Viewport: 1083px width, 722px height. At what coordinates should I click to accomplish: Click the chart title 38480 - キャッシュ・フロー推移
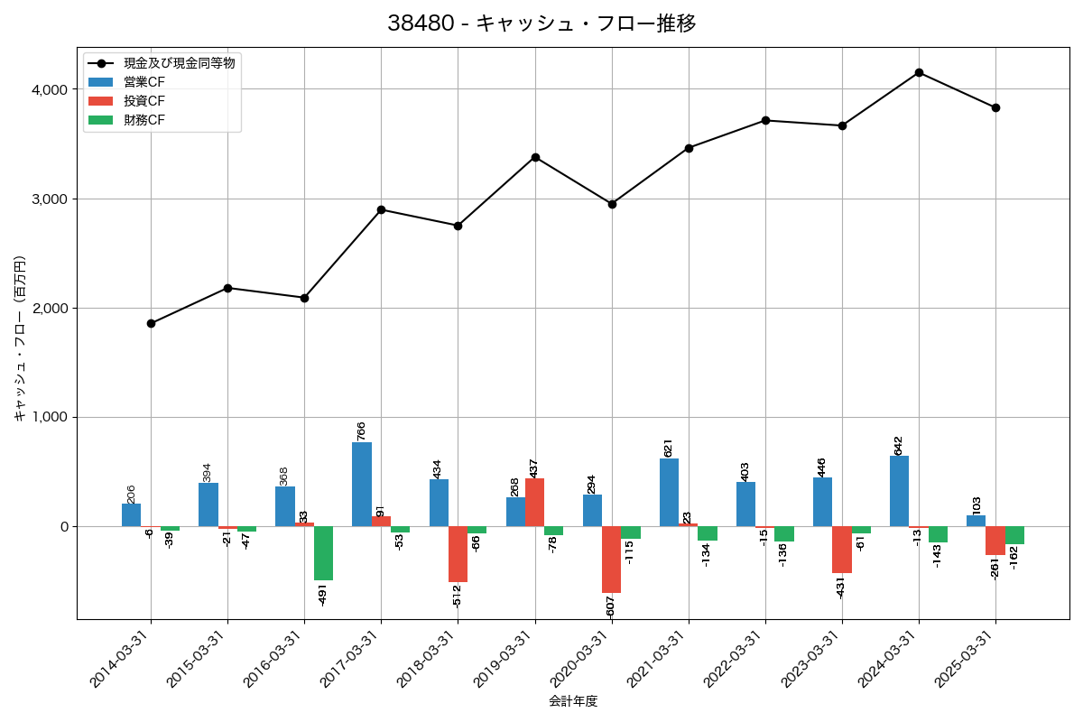(541, 23)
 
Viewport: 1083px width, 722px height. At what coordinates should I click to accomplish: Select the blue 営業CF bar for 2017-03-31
(362, 484)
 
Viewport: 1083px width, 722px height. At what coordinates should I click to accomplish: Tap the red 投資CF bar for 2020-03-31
(611, 560)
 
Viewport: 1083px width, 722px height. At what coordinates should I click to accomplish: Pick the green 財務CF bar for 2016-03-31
(323, 553)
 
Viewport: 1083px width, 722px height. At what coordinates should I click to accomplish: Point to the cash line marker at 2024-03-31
(919, 72)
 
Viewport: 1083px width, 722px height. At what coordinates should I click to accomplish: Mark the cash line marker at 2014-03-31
(151, 323)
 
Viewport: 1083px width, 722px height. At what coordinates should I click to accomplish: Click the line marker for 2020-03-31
(612, 204)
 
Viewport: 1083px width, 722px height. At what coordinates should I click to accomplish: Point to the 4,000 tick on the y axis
(47, 89)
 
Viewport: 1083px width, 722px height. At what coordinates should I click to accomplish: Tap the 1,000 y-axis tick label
(47, 418)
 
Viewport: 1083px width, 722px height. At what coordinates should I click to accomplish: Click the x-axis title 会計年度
(573, 701)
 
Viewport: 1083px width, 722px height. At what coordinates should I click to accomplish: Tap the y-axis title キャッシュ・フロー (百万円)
(20, 339)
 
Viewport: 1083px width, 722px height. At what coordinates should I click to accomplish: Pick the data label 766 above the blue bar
(361, 430)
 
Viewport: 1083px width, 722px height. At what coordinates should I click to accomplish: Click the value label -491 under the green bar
(323, 595)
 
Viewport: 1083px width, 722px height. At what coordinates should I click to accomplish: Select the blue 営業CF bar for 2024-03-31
(899, 491)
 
